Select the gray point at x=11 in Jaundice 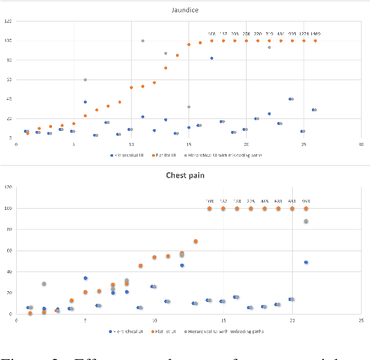point(143,41)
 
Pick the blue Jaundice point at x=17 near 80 point(211,58)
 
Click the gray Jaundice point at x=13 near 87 point(166,53)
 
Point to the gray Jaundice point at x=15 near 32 point(189,107)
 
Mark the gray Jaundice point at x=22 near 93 point(269,47)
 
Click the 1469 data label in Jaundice point(316,33)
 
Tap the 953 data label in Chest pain point(306,202)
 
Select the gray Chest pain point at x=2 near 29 point(44,283)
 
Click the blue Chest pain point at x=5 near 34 point(85,278)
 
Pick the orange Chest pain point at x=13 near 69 point(195,241)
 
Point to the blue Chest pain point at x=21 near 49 point(306,262)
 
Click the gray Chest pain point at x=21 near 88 point(306,221)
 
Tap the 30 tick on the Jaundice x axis point(361,144)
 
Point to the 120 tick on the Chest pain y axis point(8,187)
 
